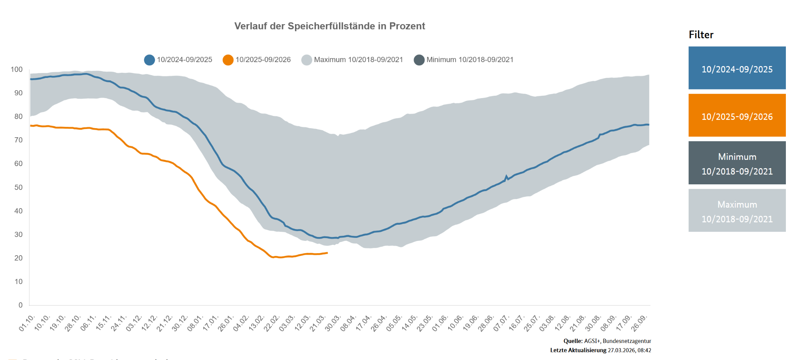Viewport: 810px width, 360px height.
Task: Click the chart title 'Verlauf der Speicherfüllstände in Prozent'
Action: point(329,26)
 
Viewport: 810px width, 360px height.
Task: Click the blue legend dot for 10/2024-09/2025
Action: point(150,60)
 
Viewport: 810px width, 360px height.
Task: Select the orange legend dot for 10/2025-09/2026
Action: point(228,60)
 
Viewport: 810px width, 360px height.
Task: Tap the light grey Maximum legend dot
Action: point(307,60)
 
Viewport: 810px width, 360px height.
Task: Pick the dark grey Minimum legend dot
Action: point(419,60)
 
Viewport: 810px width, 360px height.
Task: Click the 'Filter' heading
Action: point(701,35)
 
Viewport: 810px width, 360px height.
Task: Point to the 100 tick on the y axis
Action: point(17,70)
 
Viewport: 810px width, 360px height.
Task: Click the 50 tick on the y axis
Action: point(19,188)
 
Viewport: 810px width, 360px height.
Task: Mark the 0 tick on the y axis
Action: point(21,305)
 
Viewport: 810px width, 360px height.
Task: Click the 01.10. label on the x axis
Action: point(27,323)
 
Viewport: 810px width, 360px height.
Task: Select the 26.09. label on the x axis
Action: point(639,323)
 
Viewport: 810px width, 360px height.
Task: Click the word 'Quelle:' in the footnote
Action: point(573,341)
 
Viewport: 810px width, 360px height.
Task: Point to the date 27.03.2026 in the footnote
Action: point(621,351)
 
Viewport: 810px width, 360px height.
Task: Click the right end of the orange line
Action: point(327,253)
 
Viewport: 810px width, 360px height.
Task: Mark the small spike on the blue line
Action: point(506,176)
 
